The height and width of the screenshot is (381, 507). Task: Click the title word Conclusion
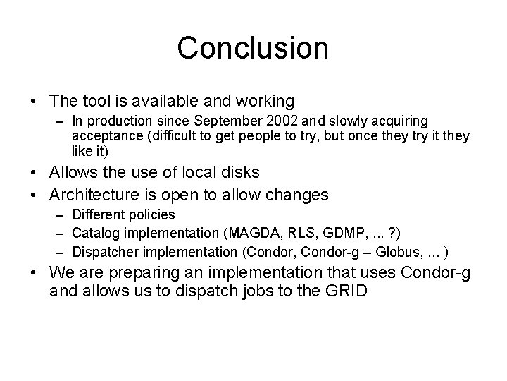click(x=253, y=48)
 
